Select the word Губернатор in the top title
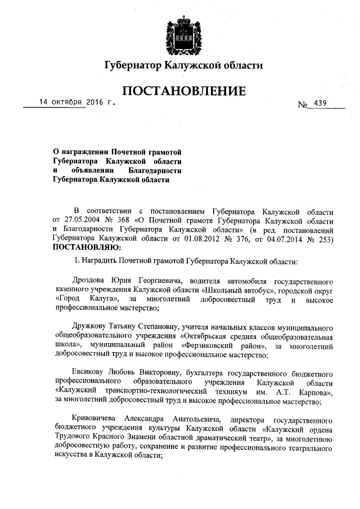(x=132, y=66)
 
